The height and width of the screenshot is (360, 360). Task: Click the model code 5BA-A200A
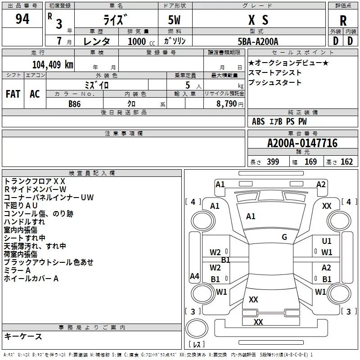point(257,41)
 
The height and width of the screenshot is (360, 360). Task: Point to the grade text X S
point(258,20)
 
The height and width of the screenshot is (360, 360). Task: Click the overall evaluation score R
point(343,21)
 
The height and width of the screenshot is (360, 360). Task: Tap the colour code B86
point(75,103)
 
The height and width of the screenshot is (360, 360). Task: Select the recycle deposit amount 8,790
point(227,104)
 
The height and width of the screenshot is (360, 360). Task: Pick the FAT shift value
point(13,94)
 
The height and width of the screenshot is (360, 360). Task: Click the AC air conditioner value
point(35,94)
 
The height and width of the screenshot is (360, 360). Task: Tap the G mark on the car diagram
point(284,237)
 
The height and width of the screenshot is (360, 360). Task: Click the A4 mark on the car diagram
point(194,276)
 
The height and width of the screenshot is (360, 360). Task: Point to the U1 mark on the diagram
point(327,241)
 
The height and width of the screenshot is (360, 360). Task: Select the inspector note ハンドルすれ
point(24,222)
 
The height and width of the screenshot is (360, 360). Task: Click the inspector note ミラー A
point(17,270)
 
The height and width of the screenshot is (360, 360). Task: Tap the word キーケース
point(23,336)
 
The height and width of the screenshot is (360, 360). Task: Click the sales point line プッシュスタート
point(274,83)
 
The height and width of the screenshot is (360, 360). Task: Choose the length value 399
point(273,162)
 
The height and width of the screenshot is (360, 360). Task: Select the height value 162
point(346,162)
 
